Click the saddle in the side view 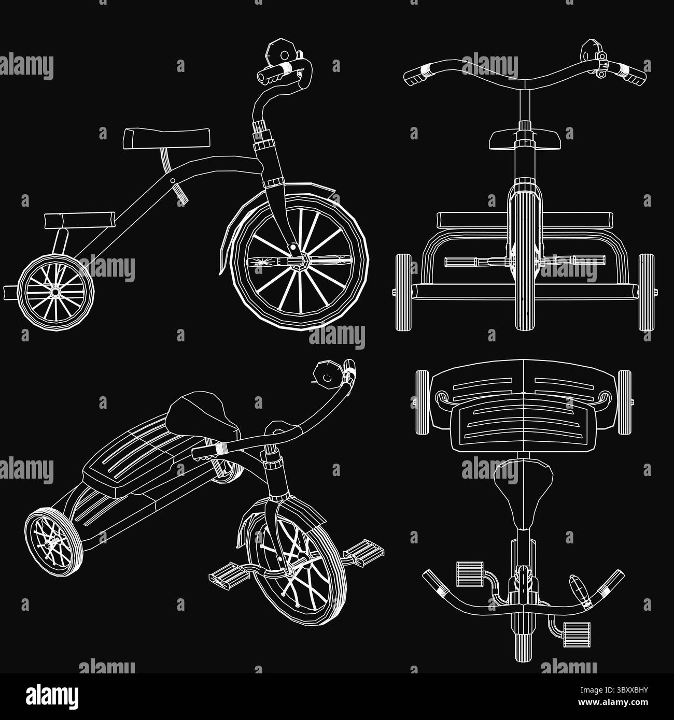tap(166, 138)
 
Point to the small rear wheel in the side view tap(56, 292)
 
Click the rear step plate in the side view tap(79, 221)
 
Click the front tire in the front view tap(525, 257)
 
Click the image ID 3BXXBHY tap(614, 690)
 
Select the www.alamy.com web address tap(613, 702)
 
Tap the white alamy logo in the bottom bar tap(52, 697)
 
